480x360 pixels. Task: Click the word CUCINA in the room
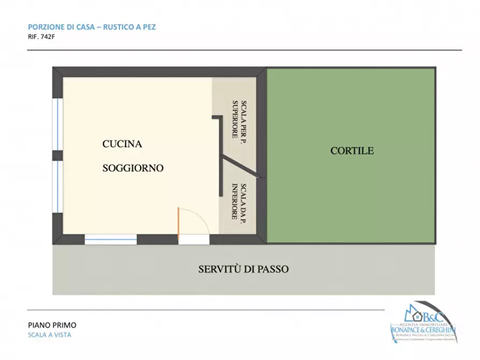click(122, 144)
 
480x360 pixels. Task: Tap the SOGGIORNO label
click(133, 168)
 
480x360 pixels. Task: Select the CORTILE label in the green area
click(352, 151)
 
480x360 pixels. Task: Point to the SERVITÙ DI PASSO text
click(243, 269)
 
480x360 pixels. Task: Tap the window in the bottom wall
click(111, 240)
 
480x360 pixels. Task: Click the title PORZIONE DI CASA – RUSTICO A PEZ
click(91, 26)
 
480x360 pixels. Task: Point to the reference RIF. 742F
click(42, 37)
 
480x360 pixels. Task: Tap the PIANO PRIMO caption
click(52, 325)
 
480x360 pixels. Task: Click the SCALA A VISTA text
click(49, 335)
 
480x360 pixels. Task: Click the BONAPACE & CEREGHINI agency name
click(424, 329)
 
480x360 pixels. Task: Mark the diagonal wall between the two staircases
click(240, 165)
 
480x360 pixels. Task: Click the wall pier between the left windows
click(58, 155)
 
